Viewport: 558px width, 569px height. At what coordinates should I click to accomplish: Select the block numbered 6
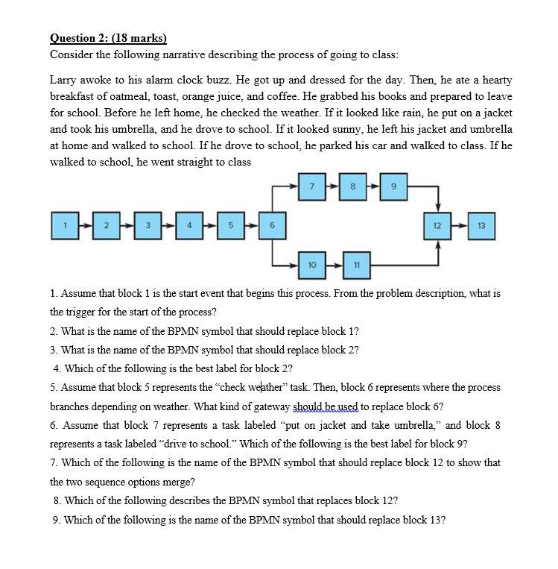coord(273,224)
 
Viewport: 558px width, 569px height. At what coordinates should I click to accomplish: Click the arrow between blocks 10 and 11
coord(334,264)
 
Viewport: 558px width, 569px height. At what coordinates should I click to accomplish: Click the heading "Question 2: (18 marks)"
coord(108,39)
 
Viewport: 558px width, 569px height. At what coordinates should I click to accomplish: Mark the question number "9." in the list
coord(57,520)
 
